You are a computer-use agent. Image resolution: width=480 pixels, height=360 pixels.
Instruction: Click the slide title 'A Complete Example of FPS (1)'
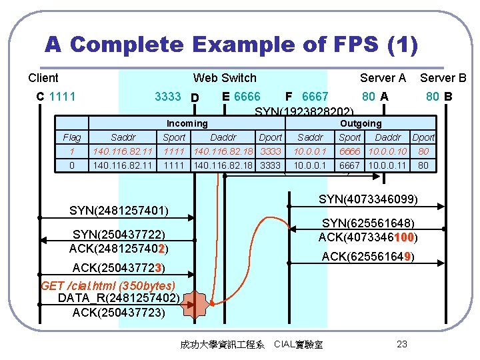point(231,45)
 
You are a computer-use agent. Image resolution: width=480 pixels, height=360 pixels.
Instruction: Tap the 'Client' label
point(43,78)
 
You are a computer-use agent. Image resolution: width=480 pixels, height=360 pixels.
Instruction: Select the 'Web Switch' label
point(225,78)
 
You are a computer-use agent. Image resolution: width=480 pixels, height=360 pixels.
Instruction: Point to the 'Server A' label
point(383,78)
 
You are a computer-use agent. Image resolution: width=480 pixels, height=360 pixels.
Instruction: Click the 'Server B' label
point(443,78)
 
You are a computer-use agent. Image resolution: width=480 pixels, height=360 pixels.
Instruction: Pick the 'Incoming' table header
point(187,123)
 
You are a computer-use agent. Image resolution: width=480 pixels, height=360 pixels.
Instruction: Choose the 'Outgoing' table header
point(361,123)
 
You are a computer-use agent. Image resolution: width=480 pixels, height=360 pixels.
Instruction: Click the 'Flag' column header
point(71,137)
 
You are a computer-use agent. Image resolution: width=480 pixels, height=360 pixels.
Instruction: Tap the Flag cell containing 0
point(71,165)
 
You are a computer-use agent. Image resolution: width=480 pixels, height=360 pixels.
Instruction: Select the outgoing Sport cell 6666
point(350,151)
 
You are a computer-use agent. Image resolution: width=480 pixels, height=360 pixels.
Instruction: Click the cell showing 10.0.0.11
point(390,165)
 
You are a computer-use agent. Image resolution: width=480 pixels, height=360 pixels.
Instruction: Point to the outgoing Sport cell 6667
point(350,165)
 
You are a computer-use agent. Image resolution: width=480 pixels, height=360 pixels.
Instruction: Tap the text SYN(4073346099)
point(368,199)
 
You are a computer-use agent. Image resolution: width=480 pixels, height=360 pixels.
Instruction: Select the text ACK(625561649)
point(368,257)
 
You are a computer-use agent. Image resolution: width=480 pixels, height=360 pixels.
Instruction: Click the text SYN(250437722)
point(119,235)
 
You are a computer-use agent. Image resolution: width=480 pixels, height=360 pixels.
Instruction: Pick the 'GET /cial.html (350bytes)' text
point(108,286)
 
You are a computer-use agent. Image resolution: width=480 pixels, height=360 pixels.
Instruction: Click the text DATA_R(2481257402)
point(118,298)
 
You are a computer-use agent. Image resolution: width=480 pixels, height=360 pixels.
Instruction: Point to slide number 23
point(401,344)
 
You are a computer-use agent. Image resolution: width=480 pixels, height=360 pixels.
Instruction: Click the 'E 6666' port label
point(241,97)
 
